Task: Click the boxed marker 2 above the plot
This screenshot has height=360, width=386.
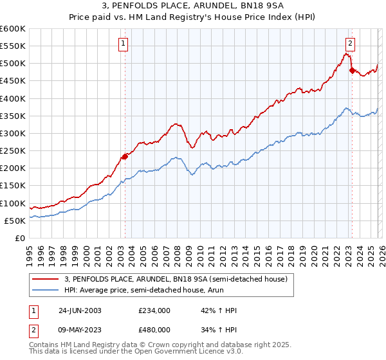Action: coord(350,44)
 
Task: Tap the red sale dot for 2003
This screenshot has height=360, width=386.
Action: coord(125,156)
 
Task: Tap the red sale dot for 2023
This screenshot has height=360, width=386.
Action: coord(352,71)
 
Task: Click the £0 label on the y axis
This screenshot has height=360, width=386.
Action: coord(21,239)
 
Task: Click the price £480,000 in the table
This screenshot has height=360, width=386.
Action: coord(154,329)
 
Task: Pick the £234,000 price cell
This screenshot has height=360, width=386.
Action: coord(154,310)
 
